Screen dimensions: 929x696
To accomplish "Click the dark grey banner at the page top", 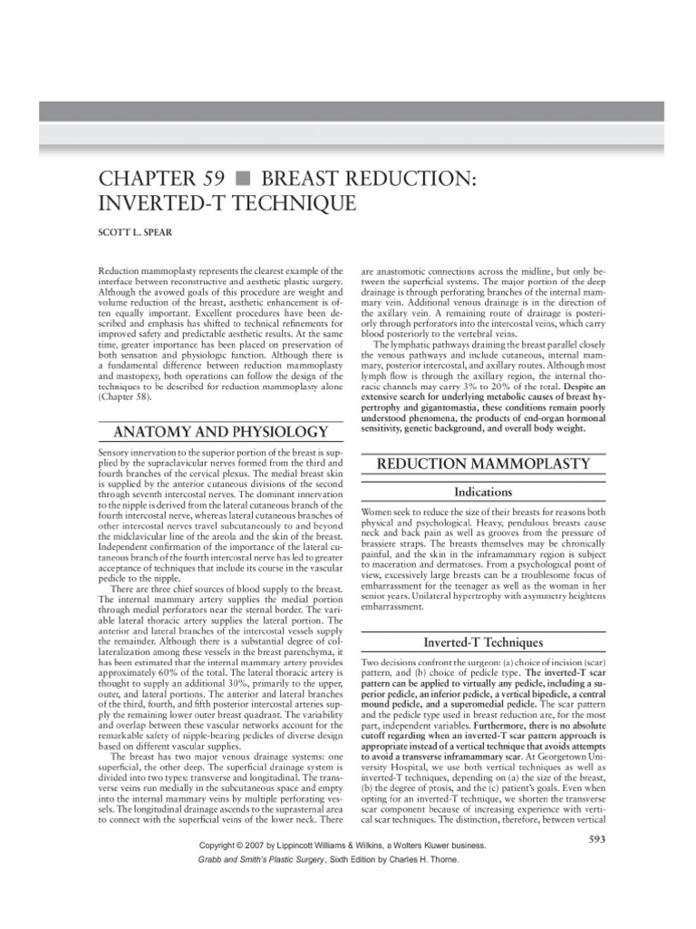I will click(348, 112).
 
